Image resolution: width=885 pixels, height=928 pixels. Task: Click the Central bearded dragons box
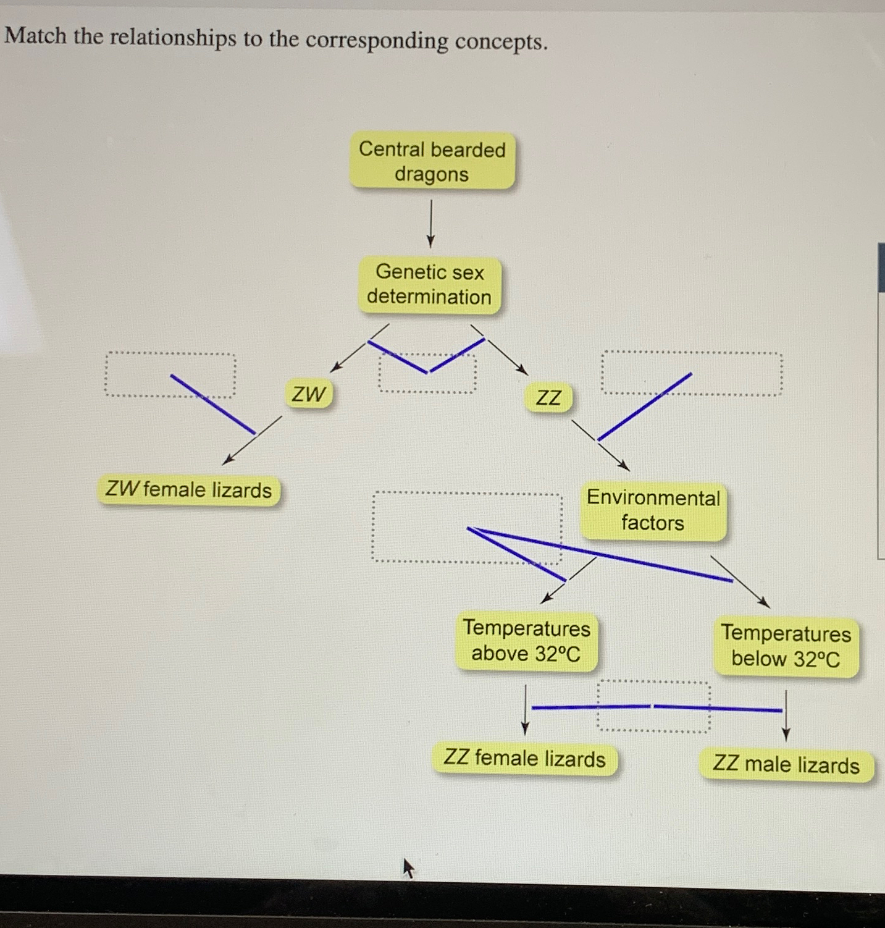point(432,161)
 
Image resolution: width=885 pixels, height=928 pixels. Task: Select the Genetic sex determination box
point(429,284)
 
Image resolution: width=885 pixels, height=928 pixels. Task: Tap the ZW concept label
point(308,394)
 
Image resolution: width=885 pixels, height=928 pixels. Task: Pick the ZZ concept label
point(548,397)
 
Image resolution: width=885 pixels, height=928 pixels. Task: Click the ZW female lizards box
point(188,490)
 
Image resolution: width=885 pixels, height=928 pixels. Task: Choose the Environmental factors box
point(653,510)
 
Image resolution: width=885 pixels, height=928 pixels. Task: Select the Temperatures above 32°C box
point(526,641)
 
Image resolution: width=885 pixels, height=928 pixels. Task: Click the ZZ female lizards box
point(524,758)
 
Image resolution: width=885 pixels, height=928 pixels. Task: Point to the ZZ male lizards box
point(786,765)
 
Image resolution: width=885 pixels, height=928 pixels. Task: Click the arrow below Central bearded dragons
point(431,222)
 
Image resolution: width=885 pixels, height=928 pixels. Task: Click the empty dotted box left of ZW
point(170,374)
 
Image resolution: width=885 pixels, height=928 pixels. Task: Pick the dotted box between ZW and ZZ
point(427,373)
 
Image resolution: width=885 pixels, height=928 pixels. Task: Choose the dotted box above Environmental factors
point(692,374)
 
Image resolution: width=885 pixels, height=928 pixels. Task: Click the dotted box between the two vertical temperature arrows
point(653,707)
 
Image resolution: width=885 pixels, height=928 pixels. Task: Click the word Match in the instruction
point(36,36)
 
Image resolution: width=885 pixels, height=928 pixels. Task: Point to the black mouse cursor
point(408,867)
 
